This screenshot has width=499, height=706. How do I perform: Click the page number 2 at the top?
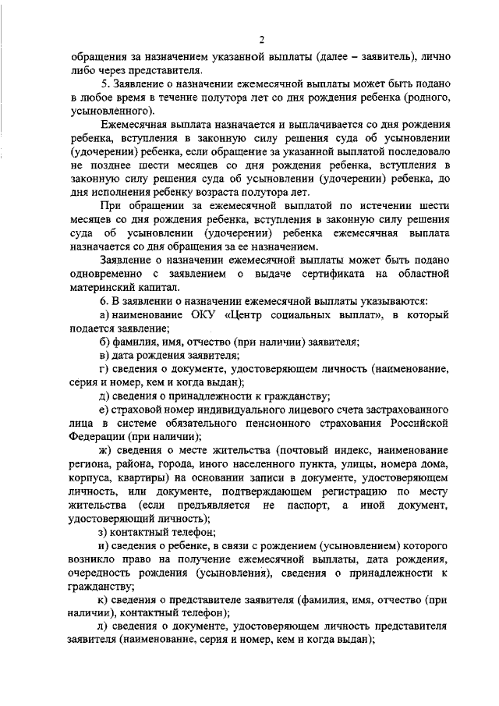coord(263,41)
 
